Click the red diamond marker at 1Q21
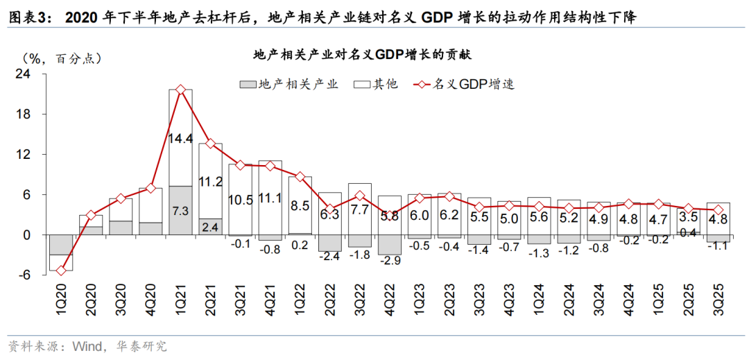click(x=181, y=89)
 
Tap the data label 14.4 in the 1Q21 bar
click(x=181, y=139)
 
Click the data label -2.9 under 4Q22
click(x=390, y=260)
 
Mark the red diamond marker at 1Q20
click(x=60, y=271)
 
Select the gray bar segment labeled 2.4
click(x=211, y=226)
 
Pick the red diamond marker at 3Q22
click(x=359, y=196)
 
